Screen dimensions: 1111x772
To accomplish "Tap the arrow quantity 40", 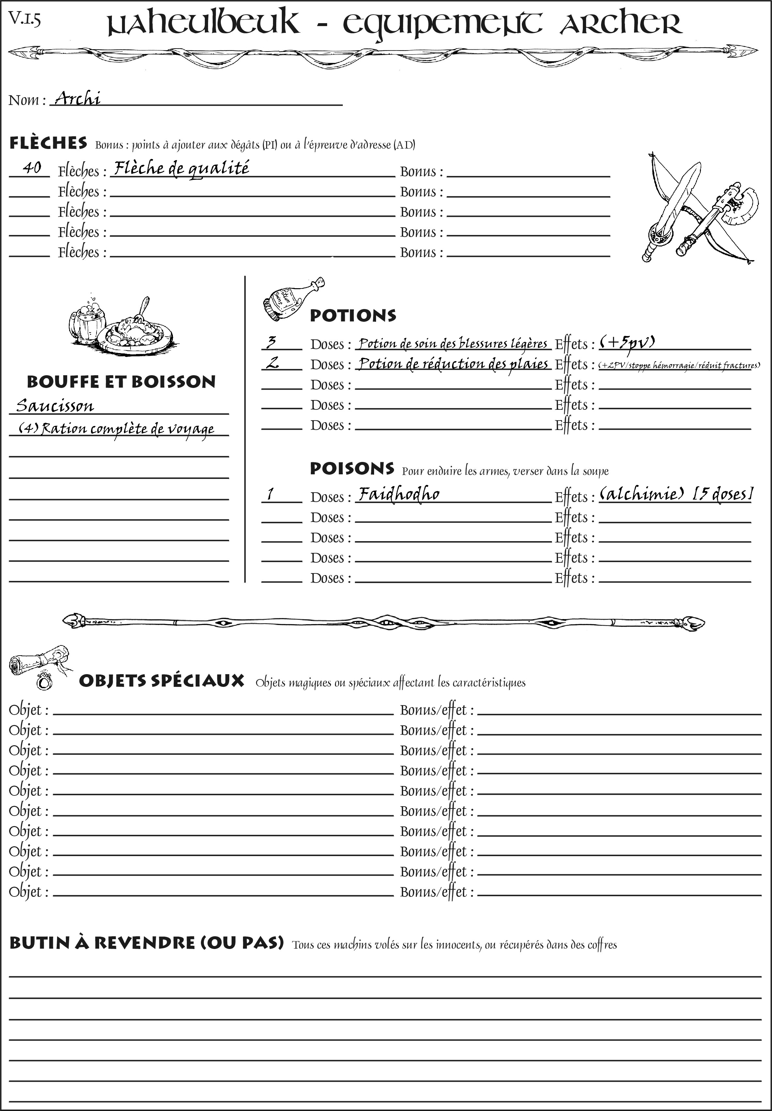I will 32,168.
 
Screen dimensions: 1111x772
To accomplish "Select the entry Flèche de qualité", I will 181,168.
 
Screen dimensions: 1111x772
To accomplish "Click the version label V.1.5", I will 24,19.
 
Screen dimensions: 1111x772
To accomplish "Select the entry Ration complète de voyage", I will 116,428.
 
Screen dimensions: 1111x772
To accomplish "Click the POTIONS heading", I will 353,316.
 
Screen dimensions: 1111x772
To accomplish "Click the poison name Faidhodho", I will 399,494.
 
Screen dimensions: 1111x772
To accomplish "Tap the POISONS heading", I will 352,468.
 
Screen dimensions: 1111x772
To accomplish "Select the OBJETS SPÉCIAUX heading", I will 161,681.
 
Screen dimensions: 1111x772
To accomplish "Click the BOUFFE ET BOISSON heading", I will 121,381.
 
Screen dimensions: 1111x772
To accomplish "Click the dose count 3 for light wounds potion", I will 271,342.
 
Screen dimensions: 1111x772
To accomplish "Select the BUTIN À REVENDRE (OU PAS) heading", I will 146,943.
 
